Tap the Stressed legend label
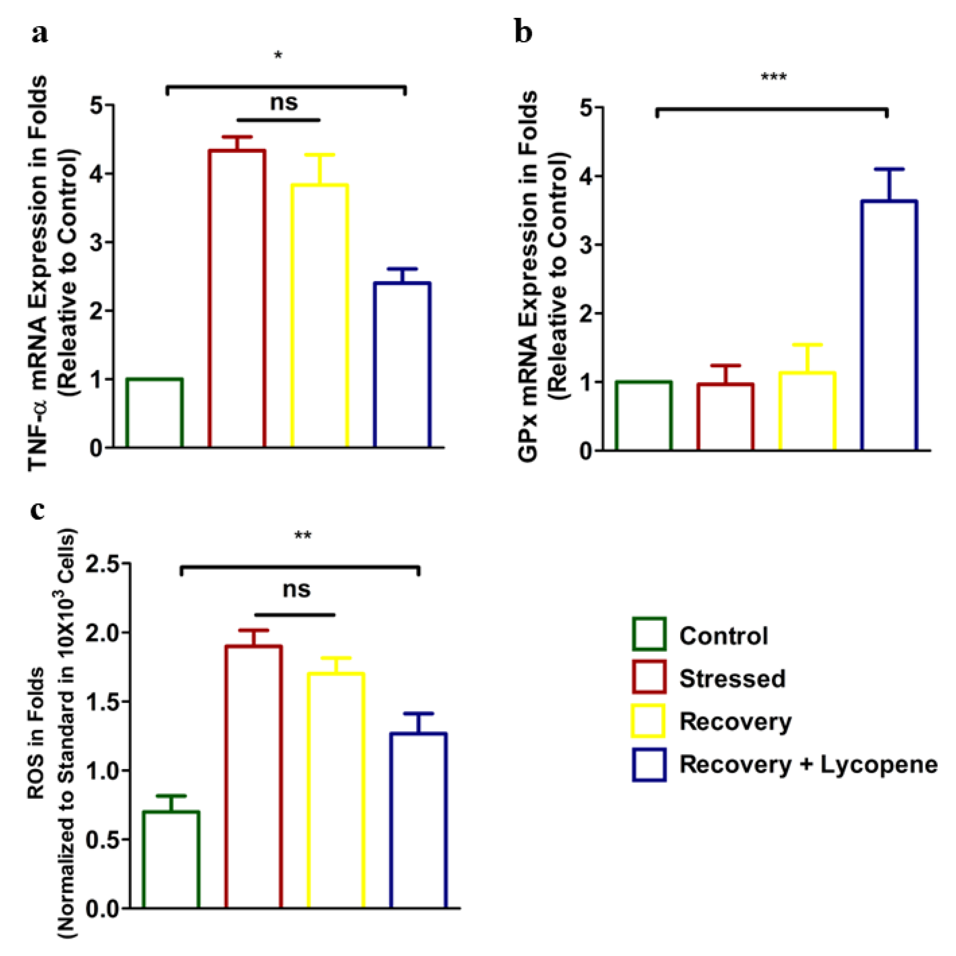[x=732, y=678]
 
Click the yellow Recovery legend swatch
[x=649, y=721]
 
